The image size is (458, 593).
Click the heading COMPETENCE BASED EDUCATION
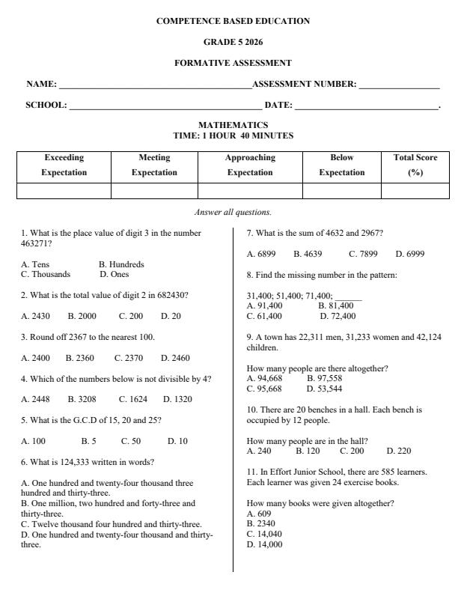[x=233, y=21]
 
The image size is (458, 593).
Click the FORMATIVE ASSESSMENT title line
[x=233, y=63]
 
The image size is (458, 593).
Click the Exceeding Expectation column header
[x=64, y=165]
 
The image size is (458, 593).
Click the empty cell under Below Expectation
[x=342, y=191]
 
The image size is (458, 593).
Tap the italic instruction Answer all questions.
[x=233, y=213]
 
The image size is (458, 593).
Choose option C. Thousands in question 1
[x=46, y=274]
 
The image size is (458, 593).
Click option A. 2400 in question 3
[x=35, y=358]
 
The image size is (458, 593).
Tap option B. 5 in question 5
[x=88, y=442]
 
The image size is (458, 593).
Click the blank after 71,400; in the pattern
[x=348, y=296]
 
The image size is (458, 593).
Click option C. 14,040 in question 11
[x=264, y=535]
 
